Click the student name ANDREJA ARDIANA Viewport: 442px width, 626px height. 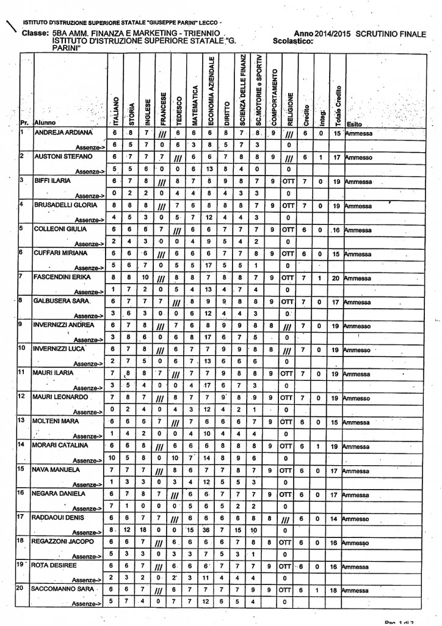point(63,133)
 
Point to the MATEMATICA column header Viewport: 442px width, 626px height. point(193,98)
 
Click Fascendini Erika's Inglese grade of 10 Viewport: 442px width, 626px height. point(146,278)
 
